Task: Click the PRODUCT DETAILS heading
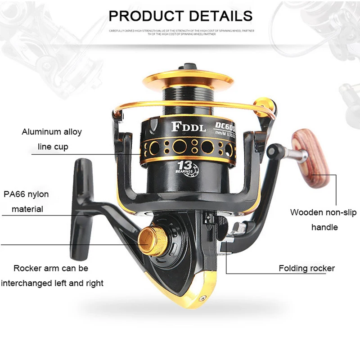(x=180, y=16)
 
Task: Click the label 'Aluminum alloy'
(x=52, y=132)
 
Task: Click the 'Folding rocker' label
(x=306, y=268)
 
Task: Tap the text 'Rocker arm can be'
(x=51, y=268)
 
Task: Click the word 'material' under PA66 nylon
(x=27, y=209)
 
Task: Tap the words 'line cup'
(x=52, y=147)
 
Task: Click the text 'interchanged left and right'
(x=52, y=283)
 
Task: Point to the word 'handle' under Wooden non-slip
(x=324, y=227)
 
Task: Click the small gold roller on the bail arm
(x=263, y=104)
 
